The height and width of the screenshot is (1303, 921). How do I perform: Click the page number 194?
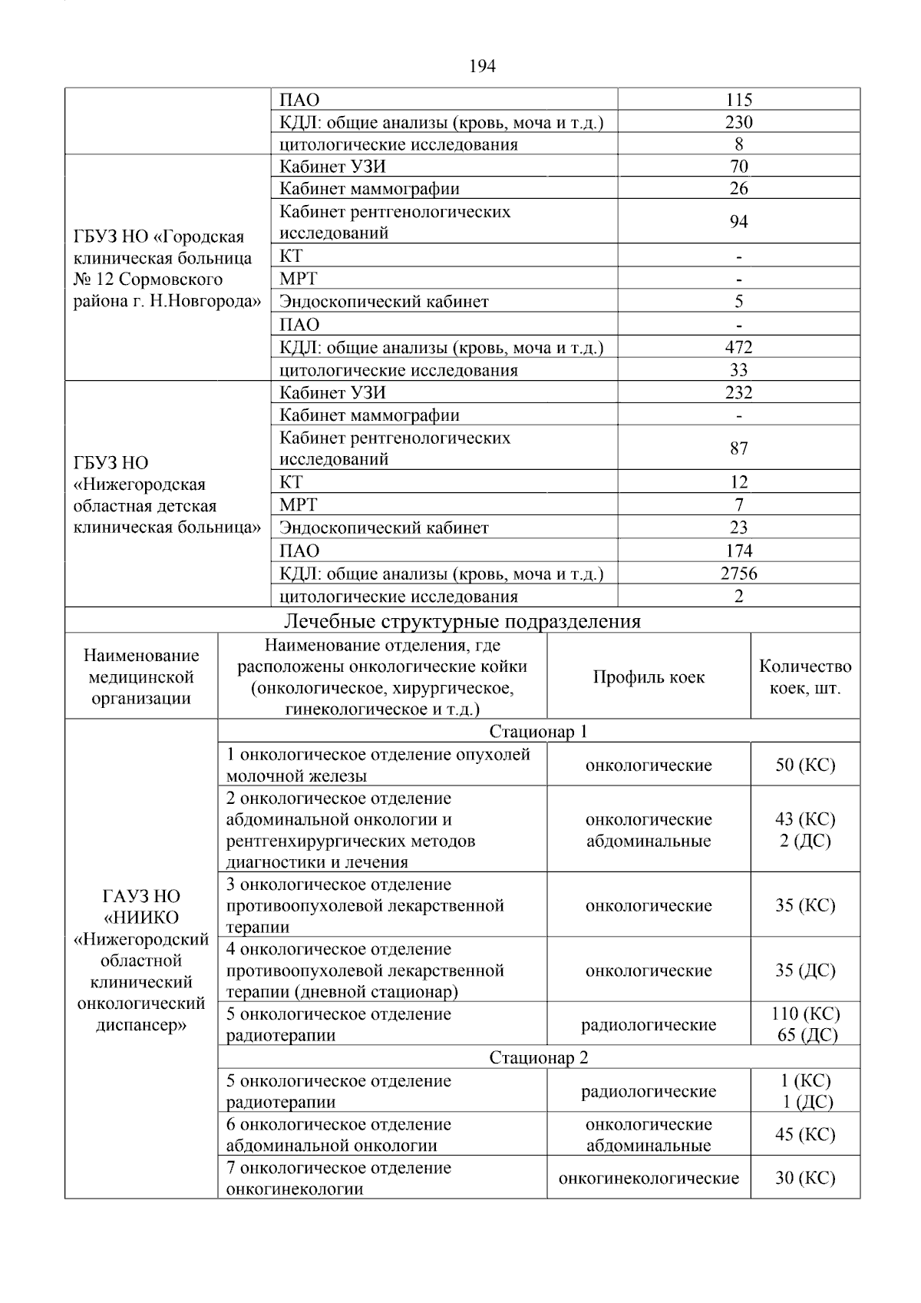coord(482,67)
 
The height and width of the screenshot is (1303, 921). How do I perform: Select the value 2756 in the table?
coord(738,574)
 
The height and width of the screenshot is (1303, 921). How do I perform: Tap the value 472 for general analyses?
coord(738,347)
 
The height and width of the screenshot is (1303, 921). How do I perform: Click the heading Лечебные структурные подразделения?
coord(462,621)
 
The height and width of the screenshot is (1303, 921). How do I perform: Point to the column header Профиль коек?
coord(649,677)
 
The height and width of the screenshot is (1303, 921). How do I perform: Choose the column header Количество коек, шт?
coord(805,677)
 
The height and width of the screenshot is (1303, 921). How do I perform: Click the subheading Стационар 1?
coord(538,731)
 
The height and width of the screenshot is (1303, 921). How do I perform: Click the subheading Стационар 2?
coord(538,1057)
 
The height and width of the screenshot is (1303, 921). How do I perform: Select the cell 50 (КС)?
coord(805,765)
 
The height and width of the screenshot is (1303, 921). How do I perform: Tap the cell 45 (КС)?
coord(805,1134)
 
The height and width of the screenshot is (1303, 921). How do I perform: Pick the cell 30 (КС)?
coord(805,1178)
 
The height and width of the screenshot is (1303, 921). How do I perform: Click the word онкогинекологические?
coord(649,1178)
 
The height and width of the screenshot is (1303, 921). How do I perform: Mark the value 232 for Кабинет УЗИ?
coord(738,392)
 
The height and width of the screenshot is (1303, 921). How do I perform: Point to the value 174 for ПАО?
coord(738,551)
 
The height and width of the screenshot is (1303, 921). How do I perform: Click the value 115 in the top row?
coord(738,100)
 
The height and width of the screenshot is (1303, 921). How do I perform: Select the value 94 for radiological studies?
coord(738,222)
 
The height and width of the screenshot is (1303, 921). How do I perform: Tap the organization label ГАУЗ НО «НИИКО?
coord(141,907)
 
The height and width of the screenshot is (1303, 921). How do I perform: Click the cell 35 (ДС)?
coord(805,970)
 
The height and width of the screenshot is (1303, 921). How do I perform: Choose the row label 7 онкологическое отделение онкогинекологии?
coord(338,1178)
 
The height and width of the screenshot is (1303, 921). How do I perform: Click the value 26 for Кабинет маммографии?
coord(738,188)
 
